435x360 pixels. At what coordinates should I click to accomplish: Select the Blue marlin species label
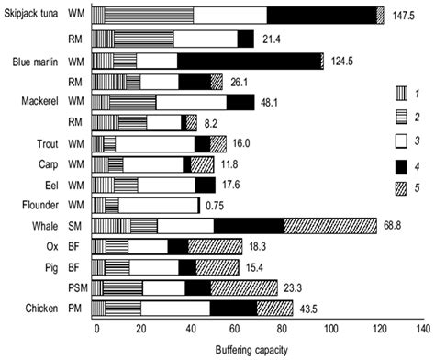click(x=31, y=61)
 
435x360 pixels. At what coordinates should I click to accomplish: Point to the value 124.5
click(x=345, y=61)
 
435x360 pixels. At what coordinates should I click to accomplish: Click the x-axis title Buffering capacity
click(x=258, y=350)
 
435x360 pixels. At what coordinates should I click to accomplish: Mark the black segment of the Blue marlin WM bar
click(x=248, y=61)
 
